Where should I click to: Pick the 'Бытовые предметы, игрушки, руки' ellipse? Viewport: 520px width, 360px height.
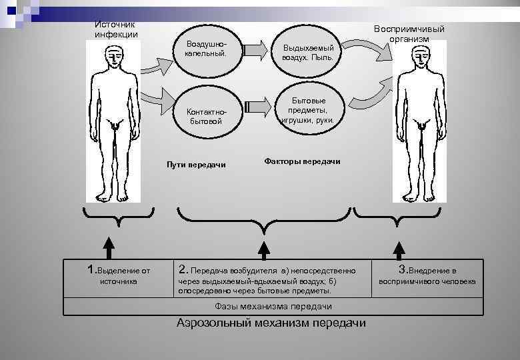coord(307,109)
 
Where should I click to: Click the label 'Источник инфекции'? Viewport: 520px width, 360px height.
coord(116,29)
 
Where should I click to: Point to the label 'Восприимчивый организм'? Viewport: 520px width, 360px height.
coord(409,33)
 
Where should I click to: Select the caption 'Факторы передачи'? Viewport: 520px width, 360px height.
coord(302,161)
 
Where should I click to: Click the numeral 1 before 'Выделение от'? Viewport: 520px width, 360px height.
coord(92,269)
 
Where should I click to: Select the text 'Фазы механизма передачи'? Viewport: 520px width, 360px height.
coord(273,306)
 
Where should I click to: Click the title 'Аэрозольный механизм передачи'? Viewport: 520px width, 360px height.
coord(271,323)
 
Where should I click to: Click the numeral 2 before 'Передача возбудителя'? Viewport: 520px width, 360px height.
coord(183,270)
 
